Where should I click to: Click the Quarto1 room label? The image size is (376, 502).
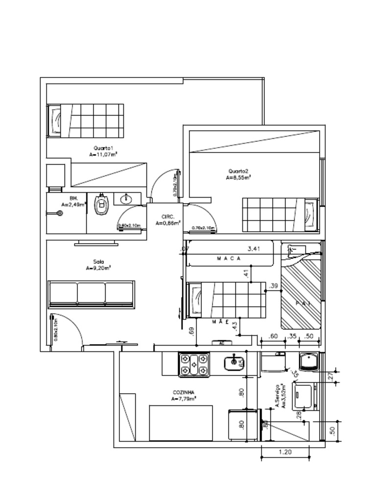pos(103,148)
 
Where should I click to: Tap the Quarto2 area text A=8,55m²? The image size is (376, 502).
pos(238,178)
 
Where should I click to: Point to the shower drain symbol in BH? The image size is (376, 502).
pos(60,213)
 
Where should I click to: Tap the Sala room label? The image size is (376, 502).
pos(98,262)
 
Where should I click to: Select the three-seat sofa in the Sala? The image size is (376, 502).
pos(91,295)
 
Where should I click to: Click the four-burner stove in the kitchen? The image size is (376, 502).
pos(194,365)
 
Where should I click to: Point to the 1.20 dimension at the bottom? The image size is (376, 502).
pos(284,452)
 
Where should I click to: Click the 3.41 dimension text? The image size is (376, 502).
pos(254,249)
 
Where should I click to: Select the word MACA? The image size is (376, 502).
pos(229,258)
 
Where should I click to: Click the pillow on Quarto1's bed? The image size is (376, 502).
pos(55,121)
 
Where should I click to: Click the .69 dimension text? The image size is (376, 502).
pos(191,332)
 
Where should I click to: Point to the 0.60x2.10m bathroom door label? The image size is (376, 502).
pos(129,226)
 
